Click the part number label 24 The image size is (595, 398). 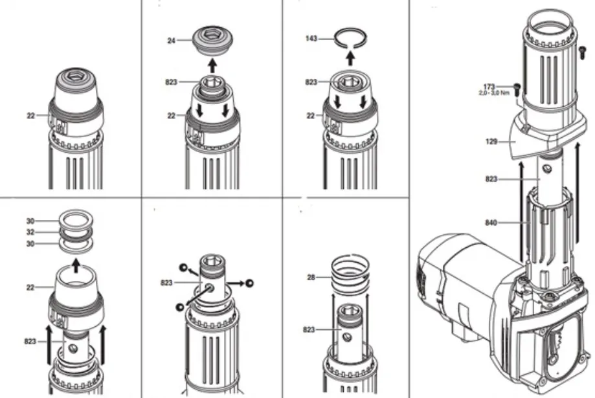(171, 40)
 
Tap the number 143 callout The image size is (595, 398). (311, 38)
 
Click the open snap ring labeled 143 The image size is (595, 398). (350, 38)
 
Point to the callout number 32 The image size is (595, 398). (30, 232)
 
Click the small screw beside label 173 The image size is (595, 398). (517, 87)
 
